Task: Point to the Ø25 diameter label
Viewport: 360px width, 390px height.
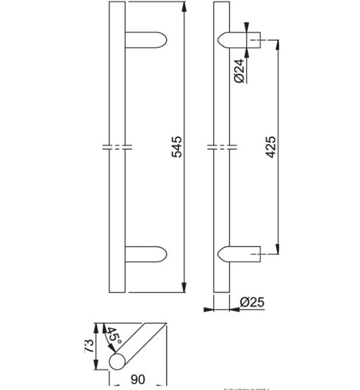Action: coord(251,301)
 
